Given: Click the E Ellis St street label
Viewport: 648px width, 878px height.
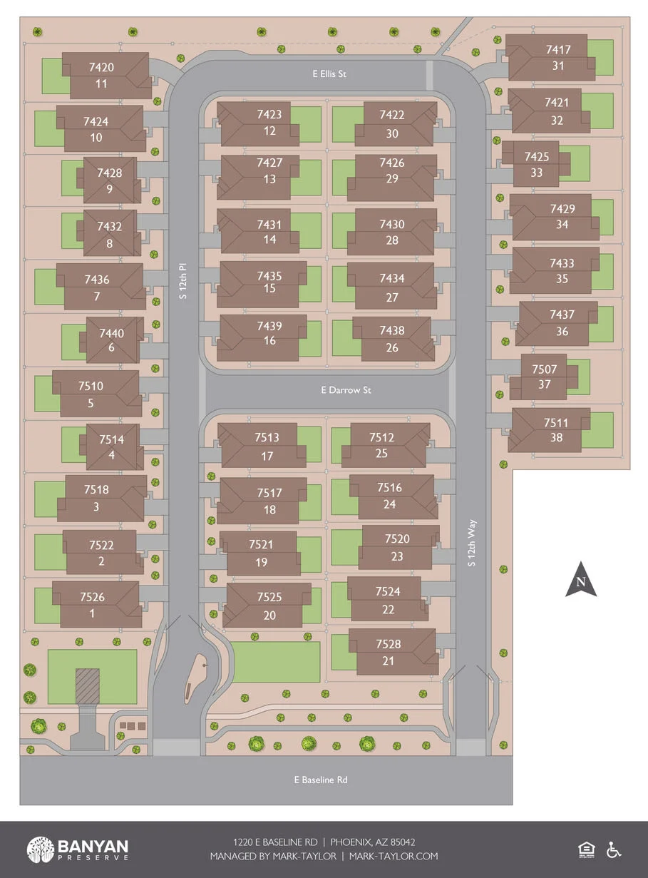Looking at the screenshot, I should click(x=328, y=73).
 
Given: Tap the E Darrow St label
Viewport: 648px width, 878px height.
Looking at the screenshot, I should click(x=346, y=390).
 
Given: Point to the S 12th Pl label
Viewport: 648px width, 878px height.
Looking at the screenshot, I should click(x=183, y=281).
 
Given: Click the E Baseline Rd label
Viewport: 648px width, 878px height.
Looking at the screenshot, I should click(x=321, y=780).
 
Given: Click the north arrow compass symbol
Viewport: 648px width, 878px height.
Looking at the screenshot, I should click(x=581, y=579).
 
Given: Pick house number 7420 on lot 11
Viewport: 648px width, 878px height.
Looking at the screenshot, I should click(x=101, y=68).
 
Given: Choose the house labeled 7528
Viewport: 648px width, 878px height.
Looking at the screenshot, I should click(x=389, y=644).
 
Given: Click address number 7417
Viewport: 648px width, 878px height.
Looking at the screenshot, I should click(x=558, y=50).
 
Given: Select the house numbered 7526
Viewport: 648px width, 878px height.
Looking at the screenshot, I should click(x=93, y=597).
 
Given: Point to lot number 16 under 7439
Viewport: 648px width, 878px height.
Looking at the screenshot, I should click(x=269, y=341).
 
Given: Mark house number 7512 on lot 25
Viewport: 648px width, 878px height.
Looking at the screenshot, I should click(x=381, y=437).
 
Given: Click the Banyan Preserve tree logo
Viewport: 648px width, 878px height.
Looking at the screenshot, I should click(x=40, y=849).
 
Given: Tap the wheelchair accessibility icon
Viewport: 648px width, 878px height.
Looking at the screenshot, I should click(x=614, y=849).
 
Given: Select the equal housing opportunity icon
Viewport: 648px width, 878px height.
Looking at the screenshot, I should click(x=586, y=849).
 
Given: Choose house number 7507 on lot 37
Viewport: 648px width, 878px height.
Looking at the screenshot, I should click(x=545, y=369).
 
